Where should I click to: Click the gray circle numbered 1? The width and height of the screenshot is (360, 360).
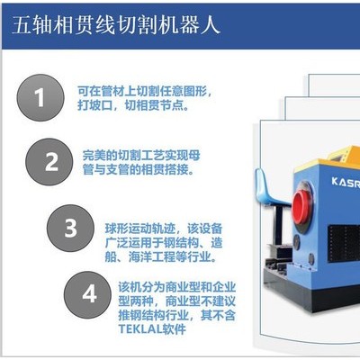pos(40,97)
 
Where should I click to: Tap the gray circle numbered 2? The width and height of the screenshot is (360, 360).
pos(49,162)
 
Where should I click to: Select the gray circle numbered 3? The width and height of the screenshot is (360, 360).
pos(70,228)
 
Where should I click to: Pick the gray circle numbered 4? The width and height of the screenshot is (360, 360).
pos(88,295)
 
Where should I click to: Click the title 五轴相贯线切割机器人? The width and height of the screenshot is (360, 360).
pos(116,24)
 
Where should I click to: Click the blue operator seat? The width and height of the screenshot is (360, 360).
pos(270,187)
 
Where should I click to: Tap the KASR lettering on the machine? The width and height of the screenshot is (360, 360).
pos(346,183)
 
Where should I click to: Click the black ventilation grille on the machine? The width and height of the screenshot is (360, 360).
pos(344,243)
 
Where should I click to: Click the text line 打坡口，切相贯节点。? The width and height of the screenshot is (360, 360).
pos(133,105)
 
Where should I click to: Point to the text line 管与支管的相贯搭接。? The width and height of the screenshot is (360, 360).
pos(138,170)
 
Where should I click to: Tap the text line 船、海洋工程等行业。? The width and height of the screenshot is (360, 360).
pos(160,257)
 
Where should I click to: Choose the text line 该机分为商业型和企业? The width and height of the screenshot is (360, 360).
pos(177,287)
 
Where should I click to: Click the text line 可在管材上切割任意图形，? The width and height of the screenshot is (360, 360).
pos(146,91)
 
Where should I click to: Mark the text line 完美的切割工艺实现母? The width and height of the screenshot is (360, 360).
pos(141,156)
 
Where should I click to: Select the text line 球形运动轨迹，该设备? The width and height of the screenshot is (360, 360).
pos(164,229)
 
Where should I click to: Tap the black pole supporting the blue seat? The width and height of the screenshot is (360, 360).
pos(279,223)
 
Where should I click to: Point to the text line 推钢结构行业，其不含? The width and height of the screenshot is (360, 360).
pos(177,315)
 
